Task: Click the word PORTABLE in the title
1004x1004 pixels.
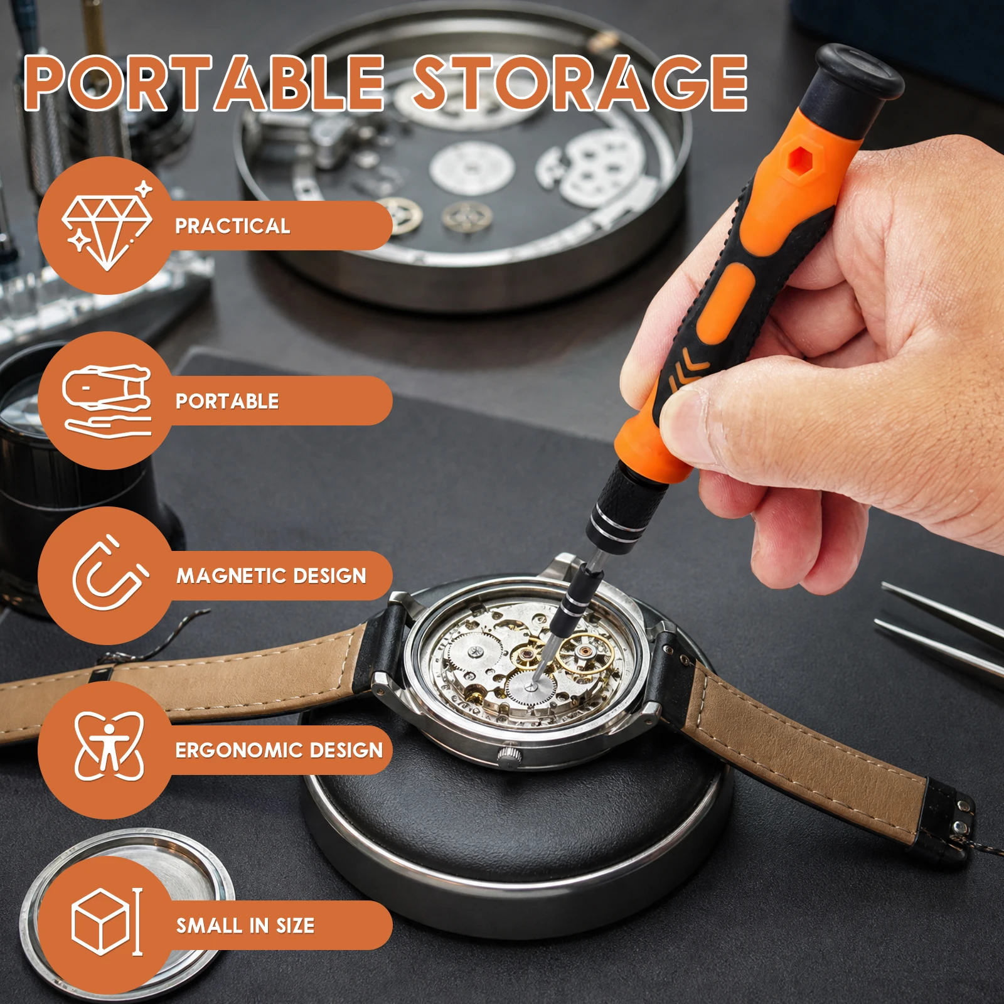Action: point(205,83)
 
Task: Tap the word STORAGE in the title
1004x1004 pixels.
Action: point(579,83)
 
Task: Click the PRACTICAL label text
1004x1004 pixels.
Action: point(232,226)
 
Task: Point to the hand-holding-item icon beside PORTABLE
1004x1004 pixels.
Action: point(107,401)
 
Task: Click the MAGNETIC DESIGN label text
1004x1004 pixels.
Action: point(271,575)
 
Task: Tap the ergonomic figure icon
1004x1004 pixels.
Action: point(109,746)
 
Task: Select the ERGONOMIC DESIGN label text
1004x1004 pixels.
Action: point(279,750)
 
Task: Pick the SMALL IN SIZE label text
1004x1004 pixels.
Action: point(245,925)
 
